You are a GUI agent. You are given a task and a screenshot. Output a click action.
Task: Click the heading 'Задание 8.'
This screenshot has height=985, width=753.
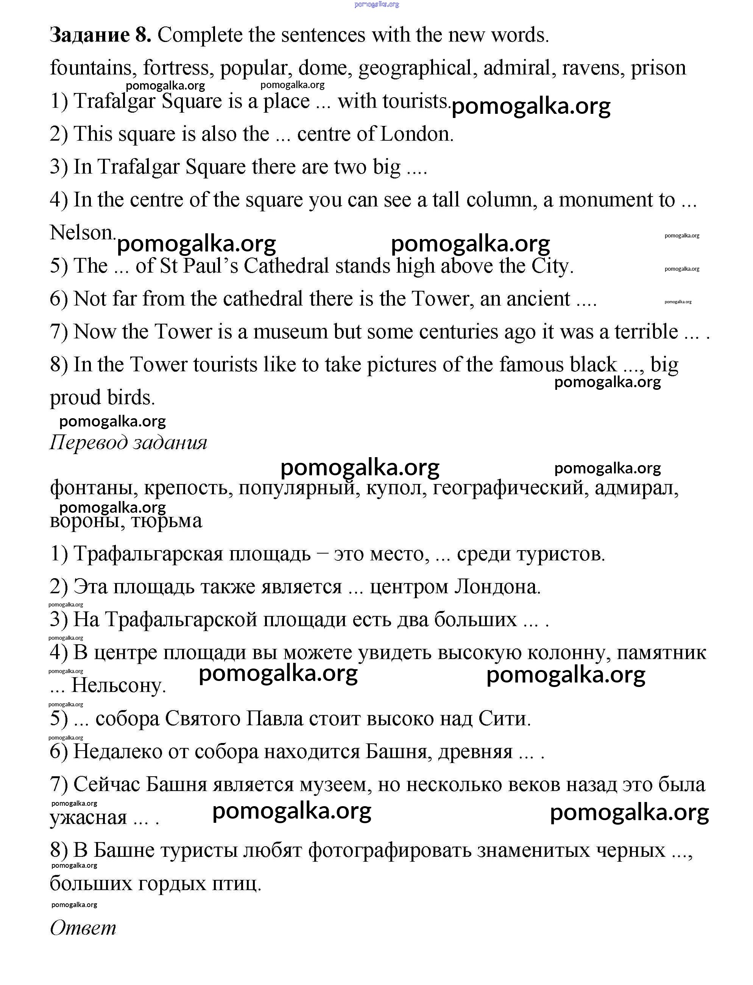[x=100, y=35]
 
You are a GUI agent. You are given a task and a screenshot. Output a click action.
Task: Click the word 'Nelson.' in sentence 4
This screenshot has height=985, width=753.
[x=83, y=233]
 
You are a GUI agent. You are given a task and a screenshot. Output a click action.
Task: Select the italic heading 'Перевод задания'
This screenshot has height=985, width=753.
[x=128, y=442]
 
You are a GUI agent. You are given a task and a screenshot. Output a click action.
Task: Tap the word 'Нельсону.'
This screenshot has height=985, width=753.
[x=119, y=686]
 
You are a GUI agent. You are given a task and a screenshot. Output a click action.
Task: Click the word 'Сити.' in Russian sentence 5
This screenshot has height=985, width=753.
[x=504, y=718]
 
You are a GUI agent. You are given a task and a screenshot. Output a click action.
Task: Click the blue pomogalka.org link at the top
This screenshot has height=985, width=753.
[x=376, y=5]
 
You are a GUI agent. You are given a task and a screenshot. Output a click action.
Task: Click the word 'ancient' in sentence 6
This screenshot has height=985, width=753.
[x=538, y=299]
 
